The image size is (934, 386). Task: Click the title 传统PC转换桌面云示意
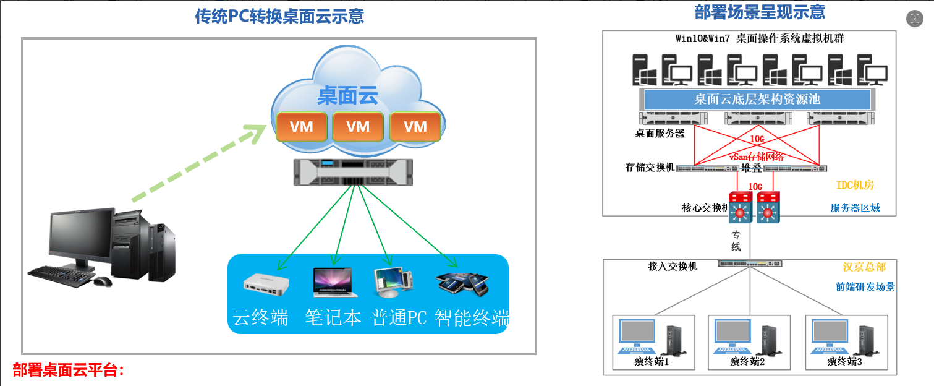(279, 16)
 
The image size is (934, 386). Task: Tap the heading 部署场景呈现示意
(760, 12)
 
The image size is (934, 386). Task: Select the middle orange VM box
(358, 126)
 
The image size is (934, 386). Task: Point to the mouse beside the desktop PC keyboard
(103, 281)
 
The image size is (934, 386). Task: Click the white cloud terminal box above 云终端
(266, 284)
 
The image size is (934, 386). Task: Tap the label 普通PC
(399, 318)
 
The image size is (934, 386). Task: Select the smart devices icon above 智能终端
(462, 284)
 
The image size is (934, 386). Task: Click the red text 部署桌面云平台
(67, 370)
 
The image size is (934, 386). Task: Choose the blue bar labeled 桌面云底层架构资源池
(757, 100)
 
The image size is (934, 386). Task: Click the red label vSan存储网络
(757, 157)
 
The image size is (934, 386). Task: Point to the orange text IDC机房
(855, 185)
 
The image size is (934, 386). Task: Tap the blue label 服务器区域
(855, 207)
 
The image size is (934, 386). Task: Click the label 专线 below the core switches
(736, 241)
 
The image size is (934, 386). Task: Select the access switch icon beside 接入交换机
(750, 264)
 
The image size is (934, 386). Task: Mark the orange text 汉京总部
(864, 267)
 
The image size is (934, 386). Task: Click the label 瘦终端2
(747, 361)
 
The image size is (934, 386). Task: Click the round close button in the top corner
(915, 19)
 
